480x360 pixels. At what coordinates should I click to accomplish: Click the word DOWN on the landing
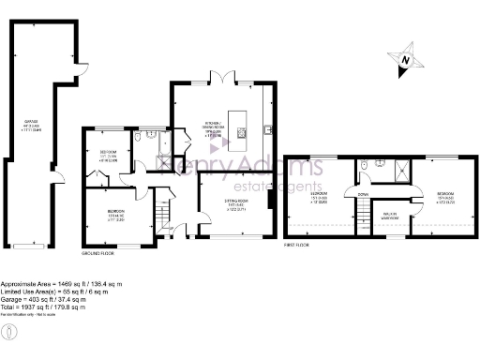(362, 195)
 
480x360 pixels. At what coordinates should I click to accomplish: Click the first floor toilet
(378, 163)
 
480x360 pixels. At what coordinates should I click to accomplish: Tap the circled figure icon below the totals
(8, 333)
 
